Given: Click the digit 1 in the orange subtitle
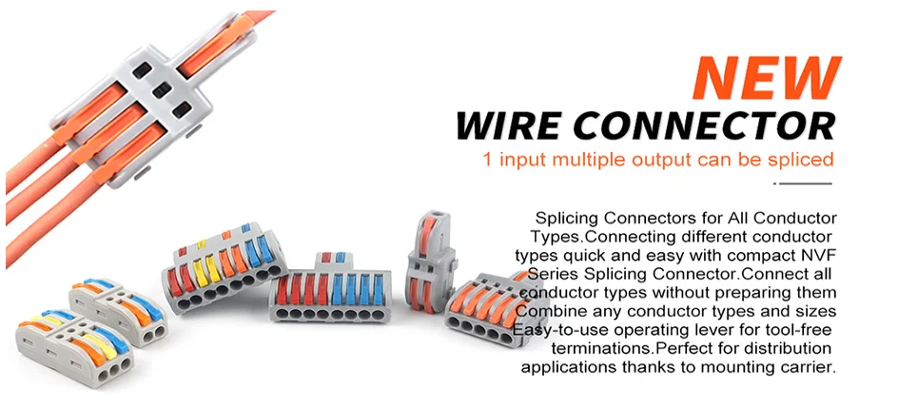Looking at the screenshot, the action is (488, 160).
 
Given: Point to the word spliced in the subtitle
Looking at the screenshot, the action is (799, 160).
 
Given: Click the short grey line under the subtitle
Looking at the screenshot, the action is (804, 183).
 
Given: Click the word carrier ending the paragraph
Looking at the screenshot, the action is (807, 366).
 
